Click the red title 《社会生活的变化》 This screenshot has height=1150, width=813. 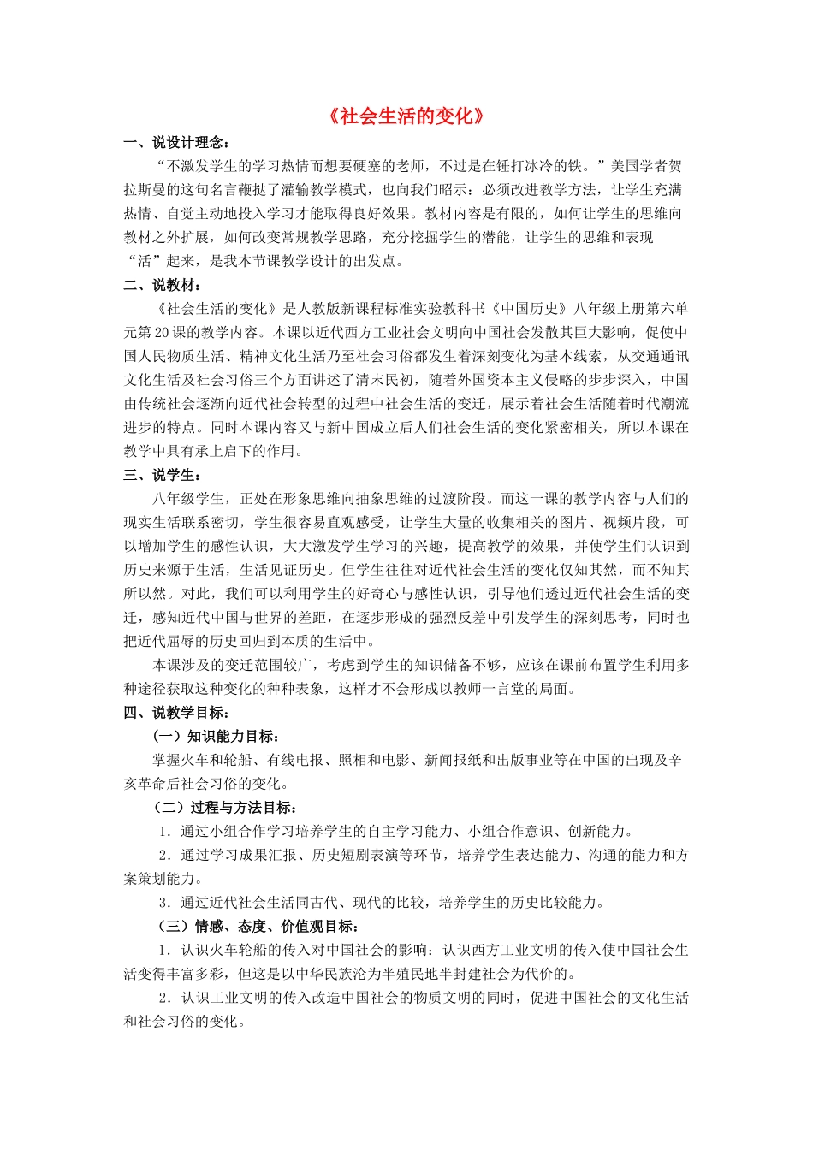pyautogui.click(x=406, y=116)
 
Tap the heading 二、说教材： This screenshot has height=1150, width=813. pyautogui.click(x=162, y=285)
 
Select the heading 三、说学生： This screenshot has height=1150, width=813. pyautogui.click(x=162, y=475)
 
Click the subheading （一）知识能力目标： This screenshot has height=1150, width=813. pyautogui.click(x=217, y=736)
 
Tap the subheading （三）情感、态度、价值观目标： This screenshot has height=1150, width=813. pyautogui.click(x=254, y=926)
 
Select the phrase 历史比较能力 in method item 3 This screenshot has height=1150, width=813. pyautogui.click(x=557, y=902)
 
